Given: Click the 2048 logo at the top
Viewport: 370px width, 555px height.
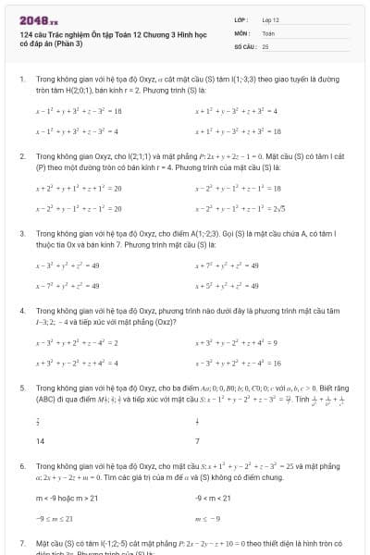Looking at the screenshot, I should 31,20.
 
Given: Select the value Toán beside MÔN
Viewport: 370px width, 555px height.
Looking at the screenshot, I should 268,32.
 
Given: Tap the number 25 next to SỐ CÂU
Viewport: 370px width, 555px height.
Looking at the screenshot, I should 265,45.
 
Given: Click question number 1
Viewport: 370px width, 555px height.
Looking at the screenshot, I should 21,80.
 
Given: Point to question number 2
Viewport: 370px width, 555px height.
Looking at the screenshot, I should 21,157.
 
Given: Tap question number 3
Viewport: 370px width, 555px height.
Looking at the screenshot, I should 21,234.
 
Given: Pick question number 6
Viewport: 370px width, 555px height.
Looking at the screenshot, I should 21,466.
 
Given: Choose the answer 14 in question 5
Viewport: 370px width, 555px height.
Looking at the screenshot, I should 40,441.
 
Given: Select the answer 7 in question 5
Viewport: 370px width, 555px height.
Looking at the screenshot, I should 198,441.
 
